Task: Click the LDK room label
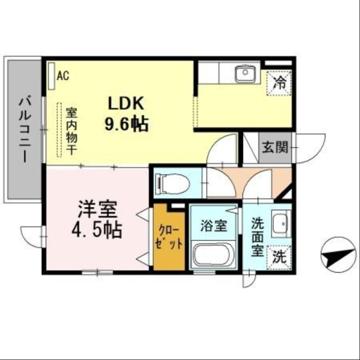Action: (125, 104)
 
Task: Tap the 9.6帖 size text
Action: (126, 125)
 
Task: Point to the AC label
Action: (63, 76)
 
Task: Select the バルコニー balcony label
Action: (24, 130)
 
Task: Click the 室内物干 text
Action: (71, 131)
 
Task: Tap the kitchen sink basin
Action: (245, 73)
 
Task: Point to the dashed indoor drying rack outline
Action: (59, 130)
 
